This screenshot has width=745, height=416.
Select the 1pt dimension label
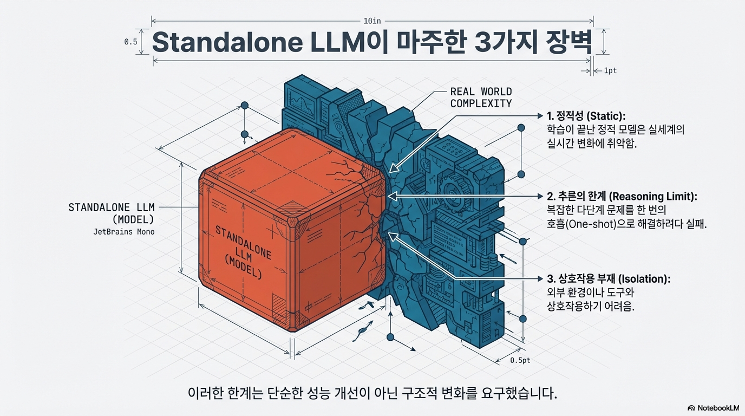[x=610, y=71]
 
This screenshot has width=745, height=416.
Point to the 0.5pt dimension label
[x=520, y=360]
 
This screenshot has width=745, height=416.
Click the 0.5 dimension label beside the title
[x=130, y=42]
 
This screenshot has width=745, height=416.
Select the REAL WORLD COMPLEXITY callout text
[x=481, y=97]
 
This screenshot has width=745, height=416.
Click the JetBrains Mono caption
[x=124, y=232]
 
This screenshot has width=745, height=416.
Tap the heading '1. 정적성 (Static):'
[x=586, y=116]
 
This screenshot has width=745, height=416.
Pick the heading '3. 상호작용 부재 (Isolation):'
[x=609, y=279]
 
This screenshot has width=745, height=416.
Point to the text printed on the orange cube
[x=243, y=252]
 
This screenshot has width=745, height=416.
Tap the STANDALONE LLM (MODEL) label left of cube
[x=112, y=213]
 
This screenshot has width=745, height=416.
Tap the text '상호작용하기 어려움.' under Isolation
[x=591, y=306]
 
